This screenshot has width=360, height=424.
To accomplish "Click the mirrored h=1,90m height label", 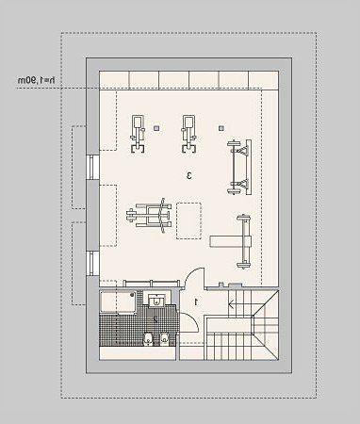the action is click(x=36, y=80).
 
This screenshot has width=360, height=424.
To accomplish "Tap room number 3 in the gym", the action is click(x=189, y=175).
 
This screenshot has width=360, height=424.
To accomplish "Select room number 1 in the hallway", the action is click(x=196, y=302).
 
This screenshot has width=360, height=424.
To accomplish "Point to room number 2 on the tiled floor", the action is click(x=155, y=319).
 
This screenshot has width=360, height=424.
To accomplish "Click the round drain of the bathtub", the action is click(x=132, y=295).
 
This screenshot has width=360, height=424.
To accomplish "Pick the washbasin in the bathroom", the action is click(x=155, y=301).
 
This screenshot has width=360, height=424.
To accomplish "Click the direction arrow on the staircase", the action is click(x=232, y=304).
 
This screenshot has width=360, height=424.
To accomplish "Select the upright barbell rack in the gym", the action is click(x=239, y=168).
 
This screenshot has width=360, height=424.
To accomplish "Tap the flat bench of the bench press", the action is click(x=231, y=241).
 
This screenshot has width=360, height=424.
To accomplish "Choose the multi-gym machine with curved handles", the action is click(x=149, y=216).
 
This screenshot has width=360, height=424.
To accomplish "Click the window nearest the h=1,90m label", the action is click(x=93, y=168).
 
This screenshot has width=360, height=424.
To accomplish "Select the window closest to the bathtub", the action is click(x=93, y=263).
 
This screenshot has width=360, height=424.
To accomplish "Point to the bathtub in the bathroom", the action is click(x=118, y=302).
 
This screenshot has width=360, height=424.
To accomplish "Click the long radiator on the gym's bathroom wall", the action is click(x=152, y=284).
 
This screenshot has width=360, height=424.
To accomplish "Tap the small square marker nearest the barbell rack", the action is click(x=221, y=128).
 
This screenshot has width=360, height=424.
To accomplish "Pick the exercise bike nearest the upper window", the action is click(x=138, y=134).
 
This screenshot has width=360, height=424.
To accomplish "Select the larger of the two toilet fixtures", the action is click(x=148, y=338).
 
